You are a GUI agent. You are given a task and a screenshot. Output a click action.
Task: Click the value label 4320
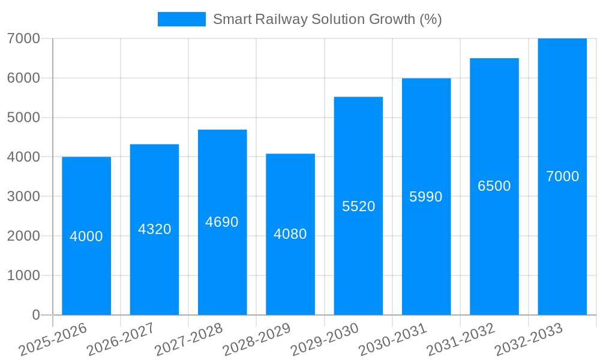click(155, 229)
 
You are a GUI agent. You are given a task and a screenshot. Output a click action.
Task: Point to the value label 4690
click(222, 222)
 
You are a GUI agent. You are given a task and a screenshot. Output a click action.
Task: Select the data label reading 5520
click(358, 206)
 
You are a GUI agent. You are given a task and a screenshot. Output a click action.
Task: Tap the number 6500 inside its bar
click(494, 186)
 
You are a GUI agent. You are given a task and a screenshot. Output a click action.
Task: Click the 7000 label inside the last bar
click(562, 176)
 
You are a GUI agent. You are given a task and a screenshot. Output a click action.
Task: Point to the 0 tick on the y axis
click(35, 315)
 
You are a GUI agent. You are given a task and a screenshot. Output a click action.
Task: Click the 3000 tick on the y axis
click(23, 196)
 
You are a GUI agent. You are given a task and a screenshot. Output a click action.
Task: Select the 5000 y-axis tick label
click(23, 118)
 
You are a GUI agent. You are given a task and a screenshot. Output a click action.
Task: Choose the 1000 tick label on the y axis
click(23, 275)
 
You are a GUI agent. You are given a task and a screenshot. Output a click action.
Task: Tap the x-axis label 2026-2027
click(121, 340)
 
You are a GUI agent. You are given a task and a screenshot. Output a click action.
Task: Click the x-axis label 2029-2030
click(325, 340)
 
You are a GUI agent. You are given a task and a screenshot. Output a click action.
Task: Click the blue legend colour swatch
click(181, 19)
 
